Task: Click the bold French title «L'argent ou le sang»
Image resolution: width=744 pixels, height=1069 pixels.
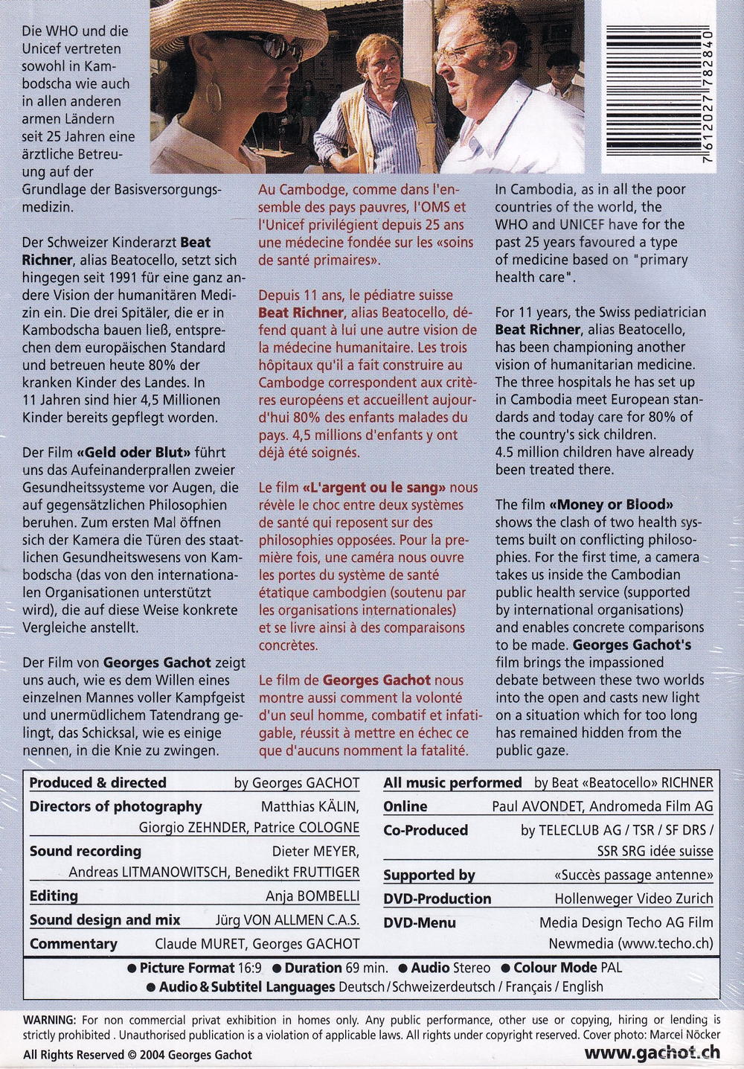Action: [x=374, y=488]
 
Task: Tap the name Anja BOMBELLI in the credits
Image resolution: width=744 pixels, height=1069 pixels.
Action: [x=312, y=896]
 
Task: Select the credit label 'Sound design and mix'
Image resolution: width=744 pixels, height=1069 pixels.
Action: [x=105, y=920]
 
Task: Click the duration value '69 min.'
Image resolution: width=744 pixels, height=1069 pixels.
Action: [x=367, y=968]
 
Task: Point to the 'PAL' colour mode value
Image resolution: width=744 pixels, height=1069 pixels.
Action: [x=612, y=968]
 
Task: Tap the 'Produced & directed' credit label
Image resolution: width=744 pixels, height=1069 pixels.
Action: [x=97, y=782]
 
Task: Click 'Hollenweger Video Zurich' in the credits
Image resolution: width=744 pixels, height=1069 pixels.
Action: [x=634, y=899]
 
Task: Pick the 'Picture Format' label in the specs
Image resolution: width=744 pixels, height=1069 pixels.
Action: [x=186, y=968]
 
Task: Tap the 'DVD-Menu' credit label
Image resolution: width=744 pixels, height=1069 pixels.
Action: [x=420, y=923]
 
